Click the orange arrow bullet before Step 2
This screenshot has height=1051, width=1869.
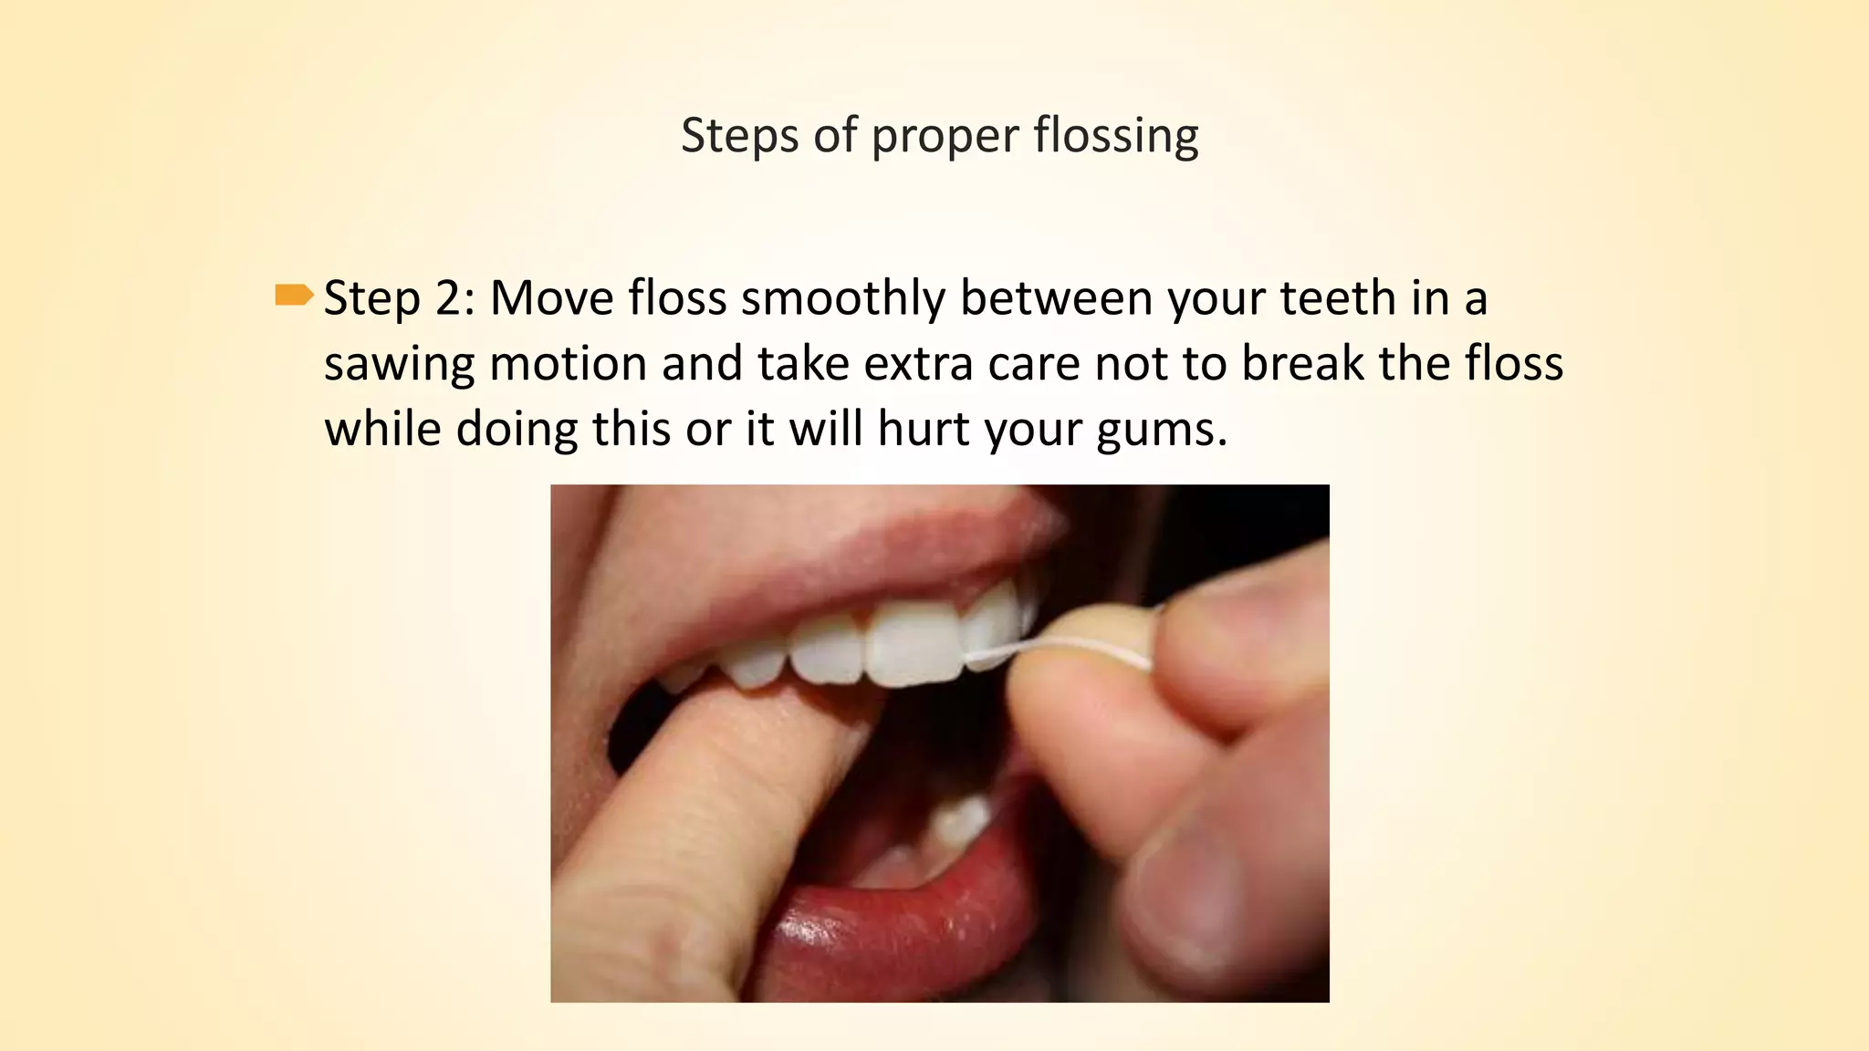(x=293, y=296)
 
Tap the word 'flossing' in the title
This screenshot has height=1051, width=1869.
(x=1115, y=136)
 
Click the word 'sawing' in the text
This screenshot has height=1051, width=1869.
(x=399, y=364)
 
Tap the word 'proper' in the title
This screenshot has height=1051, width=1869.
(x=945, y=136)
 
